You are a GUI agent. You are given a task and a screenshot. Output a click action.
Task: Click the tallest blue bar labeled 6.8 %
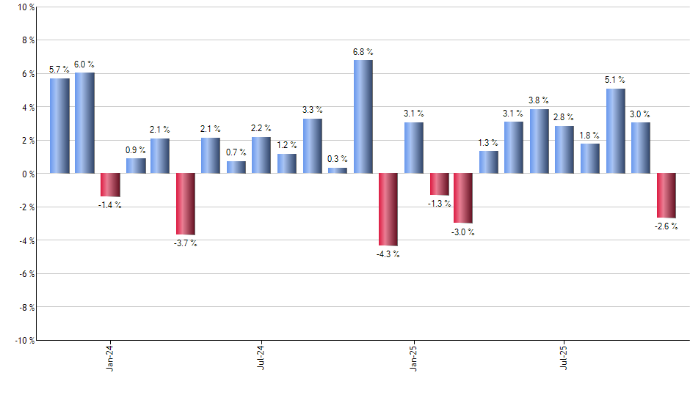click(363, 117)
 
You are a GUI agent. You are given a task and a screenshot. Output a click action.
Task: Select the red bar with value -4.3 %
click(388, 209)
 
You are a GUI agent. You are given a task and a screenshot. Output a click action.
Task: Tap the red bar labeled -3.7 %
click(186, 204)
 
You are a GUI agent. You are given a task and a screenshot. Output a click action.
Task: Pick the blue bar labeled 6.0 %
click(84, 123)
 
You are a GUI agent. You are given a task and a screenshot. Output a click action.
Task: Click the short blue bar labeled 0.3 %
click(338, 171)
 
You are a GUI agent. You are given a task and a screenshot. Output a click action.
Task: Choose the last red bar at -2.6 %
click(667, 195)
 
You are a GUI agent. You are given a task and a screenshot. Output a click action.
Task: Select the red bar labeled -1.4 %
click(110, 185)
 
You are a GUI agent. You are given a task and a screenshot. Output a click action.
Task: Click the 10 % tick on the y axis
click(24, 7)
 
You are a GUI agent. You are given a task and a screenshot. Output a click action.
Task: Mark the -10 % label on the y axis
click(23, 341)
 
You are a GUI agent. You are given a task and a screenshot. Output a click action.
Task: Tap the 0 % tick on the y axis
click(26, 174)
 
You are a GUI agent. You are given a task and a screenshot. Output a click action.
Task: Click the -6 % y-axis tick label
click(25, 274)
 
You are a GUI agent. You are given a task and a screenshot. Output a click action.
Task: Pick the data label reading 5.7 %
click(59, 70)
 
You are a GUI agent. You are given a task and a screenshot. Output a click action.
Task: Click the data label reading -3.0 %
click(462, 232)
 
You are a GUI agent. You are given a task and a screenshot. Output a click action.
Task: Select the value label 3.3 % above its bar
click(312, 110)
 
